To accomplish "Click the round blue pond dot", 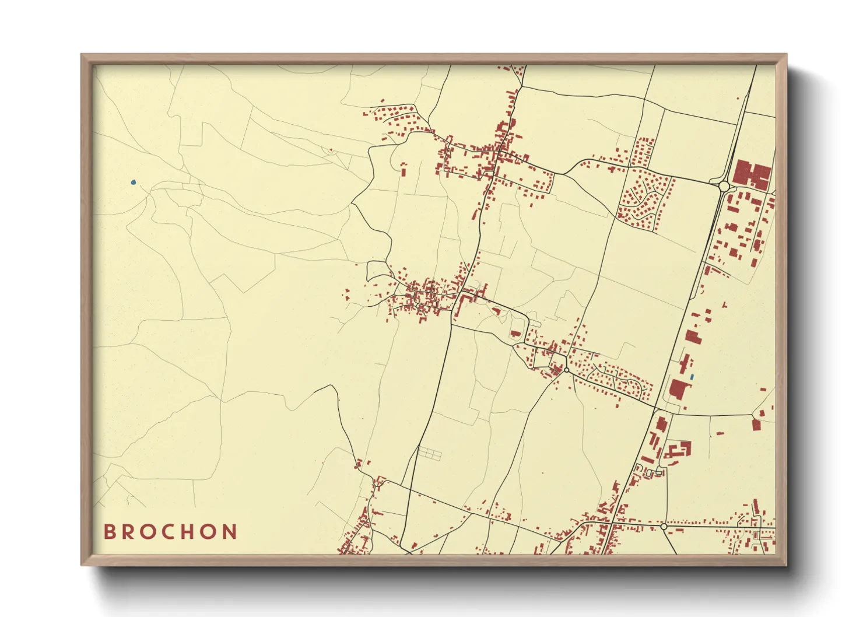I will click(134, 183).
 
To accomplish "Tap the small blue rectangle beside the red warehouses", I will click(692, 377).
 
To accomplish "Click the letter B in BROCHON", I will click(109, 532).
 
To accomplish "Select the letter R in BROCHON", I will click(128, 532).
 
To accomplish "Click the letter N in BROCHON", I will click(231, 532).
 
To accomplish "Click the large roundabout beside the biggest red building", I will click(724, 186).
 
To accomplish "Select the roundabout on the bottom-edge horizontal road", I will click(664, 527).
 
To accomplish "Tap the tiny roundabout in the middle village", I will click(566, 370).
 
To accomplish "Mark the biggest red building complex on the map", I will click(752, 174).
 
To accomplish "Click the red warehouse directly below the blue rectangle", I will click(678, 389).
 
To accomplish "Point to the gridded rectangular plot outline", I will click(430, 453).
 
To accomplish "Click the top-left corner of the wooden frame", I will click(82, 55).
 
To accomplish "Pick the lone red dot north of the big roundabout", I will click(738, 98).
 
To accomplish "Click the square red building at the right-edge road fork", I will click(756, 425).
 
